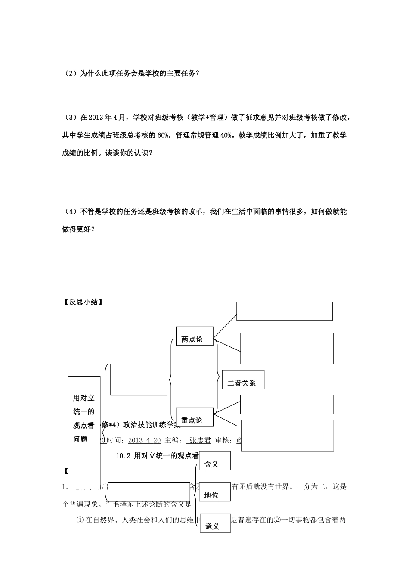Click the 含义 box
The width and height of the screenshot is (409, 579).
215,464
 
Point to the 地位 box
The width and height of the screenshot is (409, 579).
215,495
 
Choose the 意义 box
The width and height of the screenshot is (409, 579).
215,526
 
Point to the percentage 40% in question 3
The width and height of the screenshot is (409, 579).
227,135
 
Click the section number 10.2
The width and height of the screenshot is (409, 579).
124,455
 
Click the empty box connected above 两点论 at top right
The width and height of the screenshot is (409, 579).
284,311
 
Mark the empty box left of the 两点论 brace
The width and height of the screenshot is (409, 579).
139,380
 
